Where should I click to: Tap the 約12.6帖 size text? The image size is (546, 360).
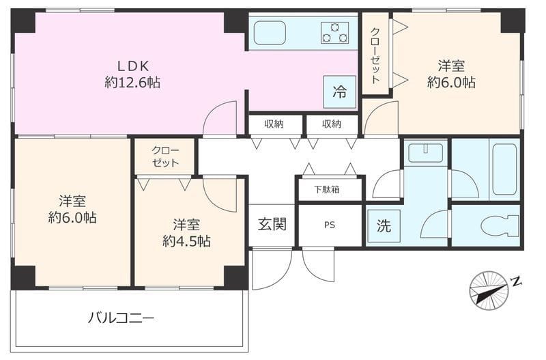tap(133, 83)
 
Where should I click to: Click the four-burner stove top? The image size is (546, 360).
tap(334, 32)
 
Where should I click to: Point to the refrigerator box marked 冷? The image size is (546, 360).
tap(339, 92)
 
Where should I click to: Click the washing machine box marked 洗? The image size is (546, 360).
tap(384, 226)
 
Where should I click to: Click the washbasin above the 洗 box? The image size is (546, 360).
tap(425, 152)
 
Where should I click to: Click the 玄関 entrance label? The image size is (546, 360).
tap(271, 224)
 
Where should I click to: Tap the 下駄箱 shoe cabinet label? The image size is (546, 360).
tap(329, 189)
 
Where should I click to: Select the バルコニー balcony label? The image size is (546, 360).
tap(121, 318)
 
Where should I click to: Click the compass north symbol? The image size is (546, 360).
tap(489, 290)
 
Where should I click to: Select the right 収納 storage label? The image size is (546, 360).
tap(331, 124)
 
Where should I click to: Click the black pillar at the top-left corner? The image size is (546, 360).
tap(25, 21)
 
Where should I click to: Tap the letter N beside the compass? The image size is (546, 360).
tap(517, 281)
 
